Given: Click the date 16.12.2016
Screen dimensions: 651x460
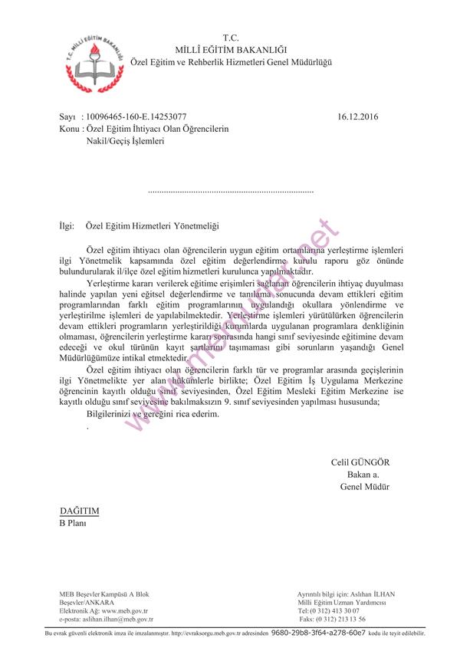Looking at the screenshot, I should click(357, 117).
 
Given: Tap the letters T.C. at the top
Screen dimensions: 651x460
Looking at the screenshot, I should click(231, 37).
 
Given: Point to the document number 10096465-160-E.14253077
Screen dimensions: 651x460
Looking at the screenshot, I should click(142, 117).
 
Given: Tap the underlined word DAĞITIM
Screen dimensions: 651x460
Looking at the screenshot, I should click(80, 511).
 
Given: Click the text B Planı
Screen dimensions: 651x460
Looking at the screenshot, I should click(73, 523).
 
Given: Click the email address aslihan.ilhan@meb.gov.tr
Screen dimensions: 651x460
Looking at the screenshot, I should click(116, 618).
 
